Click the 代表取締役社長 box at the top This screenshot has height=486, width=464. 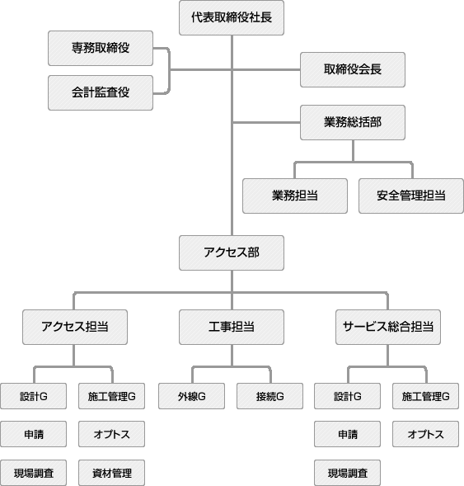click(x=232, y=18)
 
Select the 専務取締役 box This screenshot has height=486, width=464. click(x=100, y=49)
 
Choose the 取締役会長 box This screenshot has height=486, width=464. click(x=353, y=70)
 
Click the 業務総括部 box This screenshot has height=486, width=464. click(x=353, y=122)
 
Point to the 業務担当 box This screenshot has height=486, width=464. click(x=295, y=196)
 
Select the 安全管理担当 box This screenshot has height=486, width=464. click(x=411, y=196)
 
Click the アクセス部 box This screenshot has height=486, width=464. click(x=232, y=252)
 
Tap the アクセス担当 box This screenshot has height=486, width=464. click(x=74, y=327)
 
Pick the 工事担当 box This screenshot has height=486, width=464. click(x=232, y=327)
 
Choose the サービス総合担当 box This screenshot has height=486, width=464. click(x=387, y=327)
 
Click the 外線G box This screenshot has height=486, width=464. click(x=190, y=397)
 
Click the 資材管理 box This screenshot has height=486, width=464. click(x=112, y=473)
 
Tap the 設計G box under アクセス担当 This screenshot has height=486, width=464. click(x=34, y=397)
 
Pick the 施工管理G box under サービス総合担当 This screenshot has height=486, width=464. click(x=425, y=397)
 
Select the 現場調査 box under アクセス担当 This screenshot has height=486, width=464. click(x=34, y=473)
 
